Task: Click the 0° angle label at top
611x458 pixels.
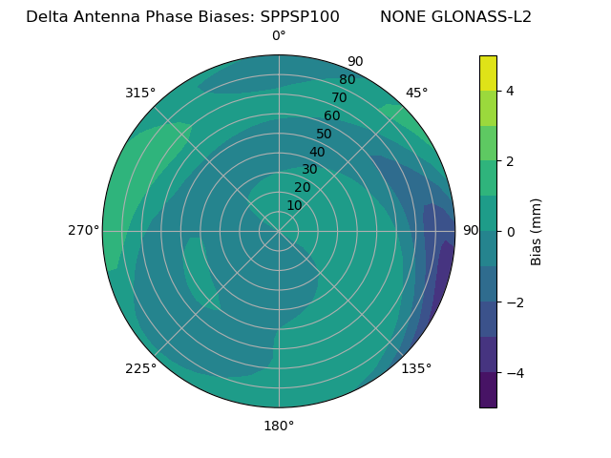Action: [279, 36]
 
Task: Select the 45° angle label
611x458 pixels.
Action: [417, 93]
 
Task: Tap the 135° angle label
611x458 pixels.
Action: [416, 368]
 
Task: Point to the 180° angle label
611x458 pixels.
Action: [279, 426]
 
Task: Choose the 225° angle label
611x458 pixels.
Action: [140, 368]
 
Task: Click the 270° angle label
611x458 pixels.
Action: [83, 231]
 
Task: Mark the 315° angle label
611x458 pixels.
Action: [140, 93]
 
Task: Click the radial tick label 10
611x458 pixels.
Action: [294, 205]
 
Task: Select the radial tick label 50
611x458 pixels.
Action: [325, 135]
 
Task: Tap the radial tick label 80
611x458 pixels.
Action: [347, 80]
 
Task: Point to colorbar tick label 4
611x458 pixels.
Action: [511, 91]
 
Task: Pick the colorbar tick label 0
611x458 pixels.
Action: [511, 231]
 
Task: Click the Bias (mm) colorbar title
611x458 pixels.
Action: [537, 231]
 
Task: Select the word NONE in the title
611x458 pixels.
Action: [402, 17]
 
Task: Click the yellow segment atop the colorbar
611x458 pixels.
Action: [488, 73]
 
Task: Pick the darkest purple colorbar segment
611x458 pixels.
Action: [488, 389]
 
